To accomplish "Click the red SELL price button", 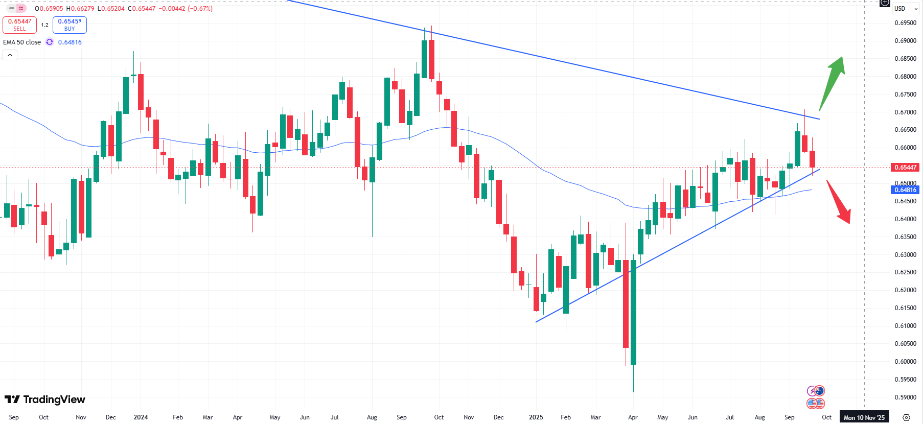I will [19, 25].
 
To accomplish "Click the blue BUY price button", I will [70, 25].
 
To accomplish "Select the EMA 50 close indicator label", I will [22, 42].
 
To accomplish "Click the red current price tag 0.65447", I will [905, 168].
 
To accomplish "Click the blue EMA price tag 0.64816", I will [905, 190].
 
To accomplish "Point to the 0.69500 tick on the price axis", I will [905, 23].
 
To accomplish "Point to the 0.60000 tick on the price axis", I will [905, 362].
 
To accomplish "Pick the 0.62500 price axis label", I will [905, 272].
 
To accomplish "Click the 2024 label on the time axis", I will [141, 417].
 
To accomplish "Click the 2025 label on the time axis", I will [536, 417].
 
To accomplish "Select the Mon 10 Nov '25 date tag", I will [864, 417].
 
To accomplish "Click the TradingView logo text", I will [45, 399].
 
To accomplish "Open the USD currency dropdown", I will [906, 9].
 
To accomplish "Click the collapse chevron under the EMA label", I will [10, 55].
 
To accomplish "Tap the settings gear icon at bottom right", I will [906, 417].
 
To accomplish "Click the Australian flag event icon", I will [819, 391].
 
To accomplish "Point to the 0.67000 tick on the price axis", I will [905, 112].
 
